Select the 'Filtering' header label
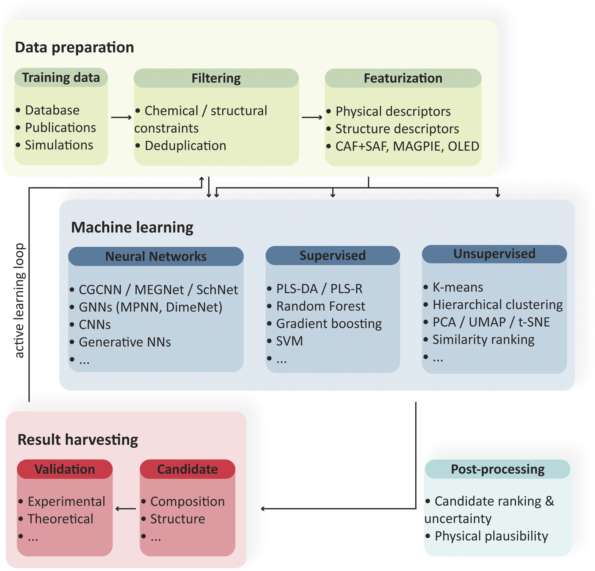click(x=216, y=78)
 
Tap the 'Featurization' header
click(x=403, y=78)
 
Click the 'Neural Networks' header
click(x=156, y=256)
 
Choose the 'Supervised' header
click(x=333, y=255)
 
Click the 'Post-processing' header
click(x=498, y=469)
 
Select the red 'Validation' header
click(x=65, y=469)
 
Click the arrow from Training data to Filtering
click(x=121, y=117)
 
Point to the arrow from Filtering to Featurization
click(x=312, y=117)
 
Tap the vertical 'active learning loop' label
click(x=19, y=300)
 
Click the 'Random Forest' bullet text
click(x=321, y=306)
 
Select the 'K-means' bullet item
click(x=458, y=287)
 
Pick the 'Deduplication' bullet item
click(x=186, y=146)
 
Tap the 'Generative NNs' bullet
click(x=125, y=342)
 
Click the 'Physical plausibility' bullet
click(x=491, y=536)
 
